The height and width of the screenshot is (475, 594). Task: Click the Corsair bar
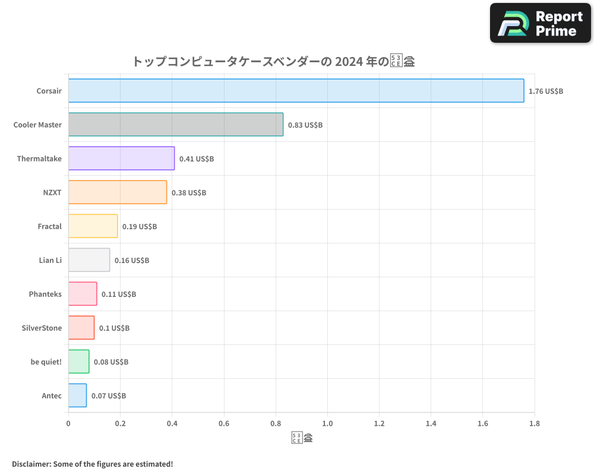[x=296, y=91]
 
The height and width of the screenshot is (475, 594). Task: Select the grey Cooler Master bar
[x=175, y=125]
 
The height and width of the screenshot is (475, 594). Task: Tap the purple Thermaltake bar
[x=121, y=159]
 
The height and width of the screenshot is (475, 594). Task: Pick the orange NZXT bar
[x=117, y=192]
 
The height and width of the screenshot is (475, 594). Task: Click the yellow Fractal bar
[x=93, y=226]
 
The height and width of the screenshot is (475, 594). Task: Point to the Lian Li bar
[x=89, y=260]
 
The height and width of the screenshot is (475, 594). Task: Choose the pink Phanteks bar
[x=83, y=294]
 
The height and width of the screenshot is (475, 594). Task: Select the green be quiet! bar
[x=78, y=362]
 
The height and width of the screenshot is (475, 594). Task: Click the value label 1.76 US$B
[x=545, y=91]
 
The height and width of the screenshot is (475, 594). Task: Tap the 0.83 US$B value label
[x=305, y=125]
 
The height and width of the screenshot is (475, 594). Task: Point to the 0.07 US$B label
[x=108, y=396]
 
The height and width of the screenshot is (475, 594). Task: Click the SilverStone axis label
[x=42, y=328]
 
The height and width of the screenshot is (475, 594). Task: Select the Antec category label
[x=52, y=395]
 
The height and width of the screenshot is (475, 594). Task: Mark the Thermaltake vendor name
[x=39, y=159]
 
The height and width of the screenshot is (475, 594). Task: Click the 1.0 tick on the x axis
[x=327, y=423]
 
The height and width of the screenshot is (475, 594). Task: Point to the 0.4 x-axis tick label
[x=172, y=423]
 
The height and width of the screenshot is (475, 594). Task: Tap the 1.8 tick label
[x=534, y=423]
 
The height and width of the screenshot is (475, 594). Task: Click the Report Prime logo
[x=540, y=23]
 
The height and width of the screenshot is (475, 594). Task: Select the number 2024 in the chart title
[x=349, y=61]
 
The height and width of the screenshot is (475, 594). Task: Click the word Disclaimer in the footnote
[x=30, y=464]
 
